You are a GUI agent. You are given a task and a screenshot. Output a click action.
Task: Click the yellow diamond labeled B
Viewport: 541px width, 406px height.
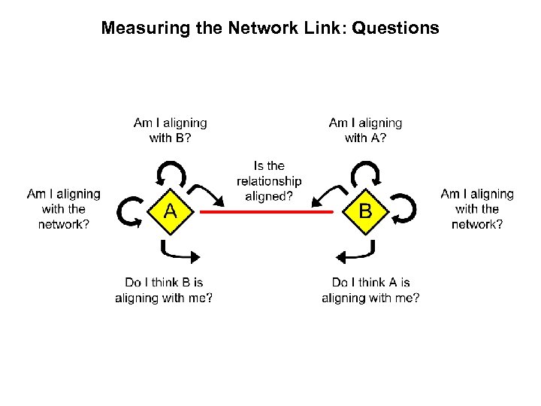pos(364,212)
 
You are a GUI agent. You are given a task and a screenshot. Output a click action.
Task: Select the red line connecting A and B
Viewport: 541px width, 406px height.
pos(267,212)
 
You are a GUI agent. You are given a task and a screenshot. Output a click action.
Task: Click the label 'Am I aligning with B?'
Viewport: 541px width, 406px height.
pos(171,129)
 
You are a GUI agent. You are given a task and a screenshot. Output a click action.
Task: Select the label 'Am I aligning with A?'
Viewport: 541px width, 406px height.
pos(365,129)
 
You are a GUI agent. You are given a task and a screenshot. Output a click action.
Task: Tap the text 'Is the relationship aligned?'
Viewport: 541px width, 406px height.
pos(269,181)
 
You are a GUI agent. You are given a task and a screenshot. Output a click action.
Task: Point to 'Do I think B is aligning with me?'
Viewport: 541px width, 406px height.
pos(164,290)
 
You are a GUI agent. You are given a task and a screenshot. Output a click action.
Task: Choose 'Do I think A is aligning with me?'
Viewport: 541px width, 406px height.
pos(370,290)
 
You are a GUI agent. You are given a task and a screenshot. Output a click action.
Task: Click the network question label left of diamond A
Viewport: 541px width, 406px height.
pos(64,209)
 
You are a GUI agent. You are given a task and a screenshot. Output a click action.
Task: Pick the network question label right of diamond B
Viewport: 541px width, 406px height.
pos(477,209)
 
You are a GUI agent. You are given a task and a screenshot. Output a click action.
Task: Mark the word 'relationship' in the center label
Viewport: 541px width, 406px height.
pos(269,181)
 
